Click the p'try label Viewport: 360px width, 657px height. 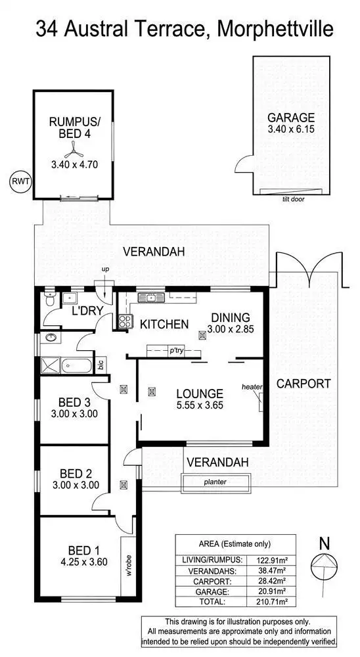[x=175, y=351]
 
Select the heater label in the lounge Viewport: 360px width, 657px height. [x=251, y=387]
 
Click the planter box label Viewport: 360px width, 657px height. [x=216, y=482]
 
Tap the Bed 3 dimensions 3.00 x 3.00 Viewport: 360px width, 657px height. [x=74, y=414]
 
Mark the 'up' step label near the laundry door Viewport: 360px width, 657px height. [x=105, y=269]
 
